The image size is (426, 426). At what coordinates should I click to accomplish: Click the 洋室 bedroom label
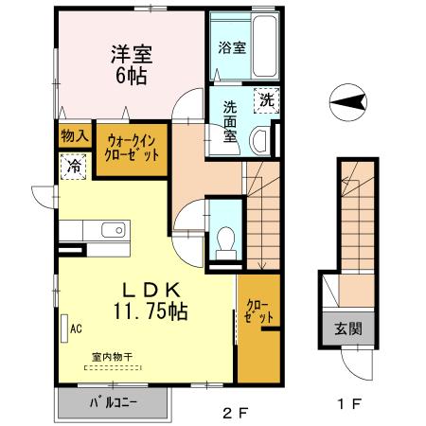(132, 54)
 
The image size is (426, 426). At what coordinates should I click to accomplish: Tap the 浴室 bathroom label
(232, 47)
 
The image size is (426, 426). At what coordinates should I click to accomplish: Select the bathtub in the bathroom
(265, 45)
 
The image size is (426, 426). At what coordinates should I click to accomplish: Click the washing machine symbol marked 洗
(267, 100)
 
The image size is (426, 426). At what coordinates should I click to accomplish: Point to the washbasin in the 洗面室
(259, 141)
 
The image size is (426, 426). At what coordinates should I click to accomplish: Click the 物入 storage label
(75, 136)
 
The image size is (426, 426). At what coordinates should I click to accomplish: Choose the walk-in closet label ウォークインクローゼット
(132, 148)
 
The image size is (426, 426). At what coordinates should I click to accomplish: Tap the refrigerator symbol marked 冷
(74, 167)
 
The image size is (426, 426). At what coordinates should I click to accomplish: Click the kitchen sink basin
(114, 230)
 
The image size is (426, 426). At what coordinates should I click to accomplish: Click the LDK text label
(151, 291)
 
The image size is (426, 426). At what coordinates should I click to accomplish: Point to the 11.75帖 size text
(151, 311)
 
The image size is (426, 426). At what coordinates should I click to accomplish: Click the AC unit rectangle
(64, 328)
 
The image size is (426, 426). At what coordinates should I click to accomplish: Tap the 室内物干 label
(112, 357)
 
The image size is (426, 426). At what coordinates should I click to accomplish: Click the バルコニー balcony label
(114, 403)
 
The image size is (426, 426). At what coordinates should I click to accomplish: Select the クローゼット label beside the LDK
(259, 311)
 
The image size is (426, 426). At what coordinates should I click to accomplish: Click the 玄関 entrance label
(348, 329)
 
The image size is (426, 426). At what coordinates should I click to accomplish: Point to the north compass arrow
(348, 102)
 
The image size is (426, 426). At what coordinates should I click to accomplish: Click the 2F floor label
(236, 413)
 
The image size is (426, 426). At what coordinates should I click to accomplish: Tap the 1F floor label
(349, 404)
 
